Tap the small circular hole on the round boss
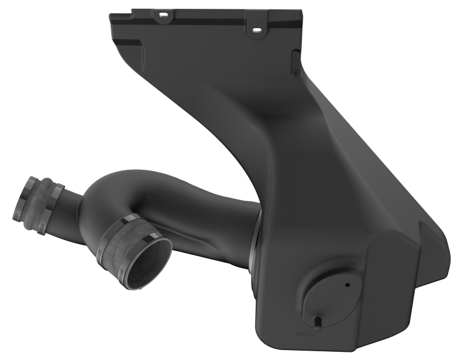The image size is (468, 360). tap(347, 285)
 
